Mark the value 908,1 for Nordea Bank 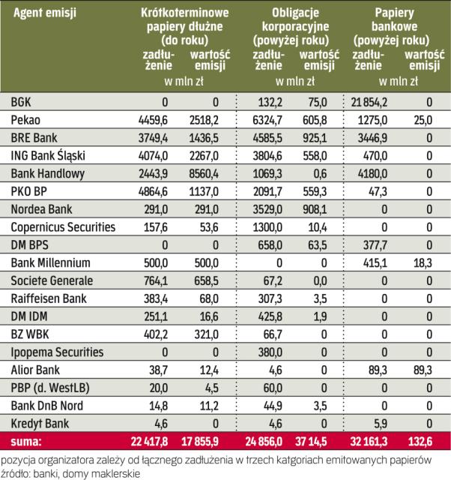pos(314,209)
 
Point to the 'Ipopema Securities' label pos(57,352)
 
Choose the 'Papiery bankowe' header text pos(393,20)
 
